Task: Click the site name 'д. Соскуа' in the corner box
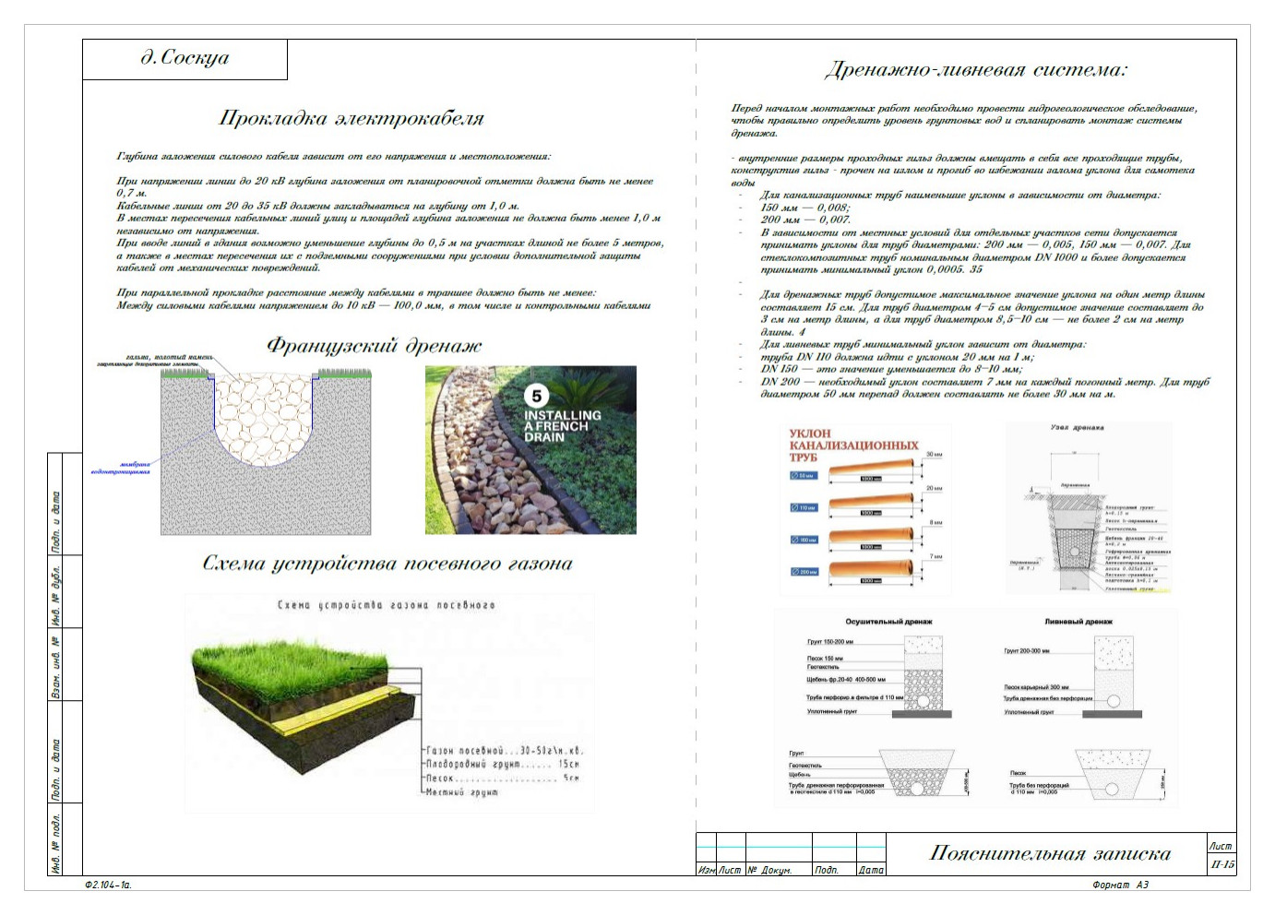[x=185, y=58]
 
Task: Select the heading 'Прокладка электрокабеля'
[x=352, y=119]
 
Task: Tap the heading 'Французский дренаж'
[x=374, y=347]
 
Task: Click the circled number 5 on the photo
[x=536, y=396]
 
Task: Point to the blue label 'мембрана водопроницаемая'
[x=121, y=468]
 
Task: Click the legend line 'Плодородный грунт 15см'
[x=503, y=764]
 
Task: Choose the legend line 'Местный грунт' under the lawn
[x=461, y=791]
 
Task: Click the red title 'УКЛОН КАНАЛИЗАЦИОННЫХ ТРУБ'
[x=852, y=445]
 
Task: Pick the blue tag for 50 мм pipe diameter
[x=804, y=476]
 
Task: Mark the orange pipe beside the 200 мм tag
[x=871, y=572]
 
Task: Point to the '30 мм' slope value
[x=935, y=455]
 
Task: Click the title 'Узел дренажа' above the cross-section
[x=1077, y=428]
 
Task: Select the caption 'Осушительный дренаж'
[x=888, y=622]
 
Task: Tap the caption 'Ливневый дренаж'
[x=1078, y=622]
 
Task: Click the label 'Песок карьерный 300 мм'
[x=1036, y=687]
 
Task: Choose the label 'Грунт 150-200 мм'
[x=830, y=642]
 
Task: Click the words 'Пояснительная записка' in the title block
[x=1050, y=854]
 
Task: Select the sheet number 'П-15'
[x=1221, y=864]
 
